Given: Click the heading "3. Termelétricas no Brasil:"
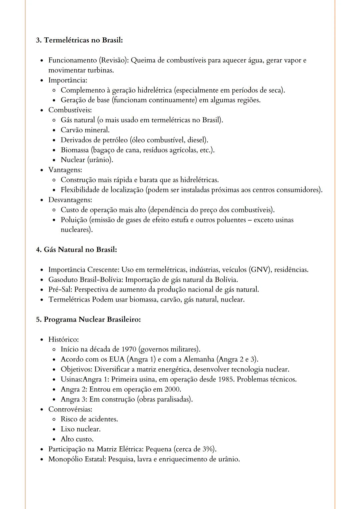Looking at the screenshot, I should (x=79, y=40).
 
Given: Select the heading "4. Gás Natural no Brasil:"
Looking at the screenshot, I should (x=76, y=250).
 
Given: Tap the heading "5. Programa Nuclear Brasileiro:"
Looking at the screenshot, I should (x=88, y=319).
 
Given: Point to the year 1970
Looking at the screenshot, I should (x=129, y=349).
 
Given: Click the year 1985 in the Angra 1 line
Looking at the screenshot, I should (x=227, y=379).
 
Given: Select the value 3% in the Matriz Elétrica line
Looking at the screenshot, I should (x=208, y=449).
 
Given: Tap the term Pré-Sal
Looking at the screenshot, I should (x=60, y=289).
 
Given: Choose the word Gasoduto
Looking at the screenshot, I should (x=63, y=279).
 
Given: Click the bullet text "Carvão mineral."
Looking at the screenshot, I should (x=85, y=130).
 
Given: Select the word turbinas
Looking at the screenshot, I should (x=100, y=70).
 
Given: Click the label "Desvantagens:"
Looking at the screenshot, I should (x=70, y=200).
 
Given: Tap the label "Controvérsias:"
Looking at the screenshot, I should (x=70, y=409).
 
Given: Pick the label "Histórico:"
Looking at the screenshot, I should (x=63, y=339).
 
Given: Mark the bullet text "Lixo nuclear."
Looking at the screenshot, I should (x=80, y=429).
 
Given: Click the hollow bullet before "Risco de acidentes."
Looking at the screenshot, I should (x=54, y=419).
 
